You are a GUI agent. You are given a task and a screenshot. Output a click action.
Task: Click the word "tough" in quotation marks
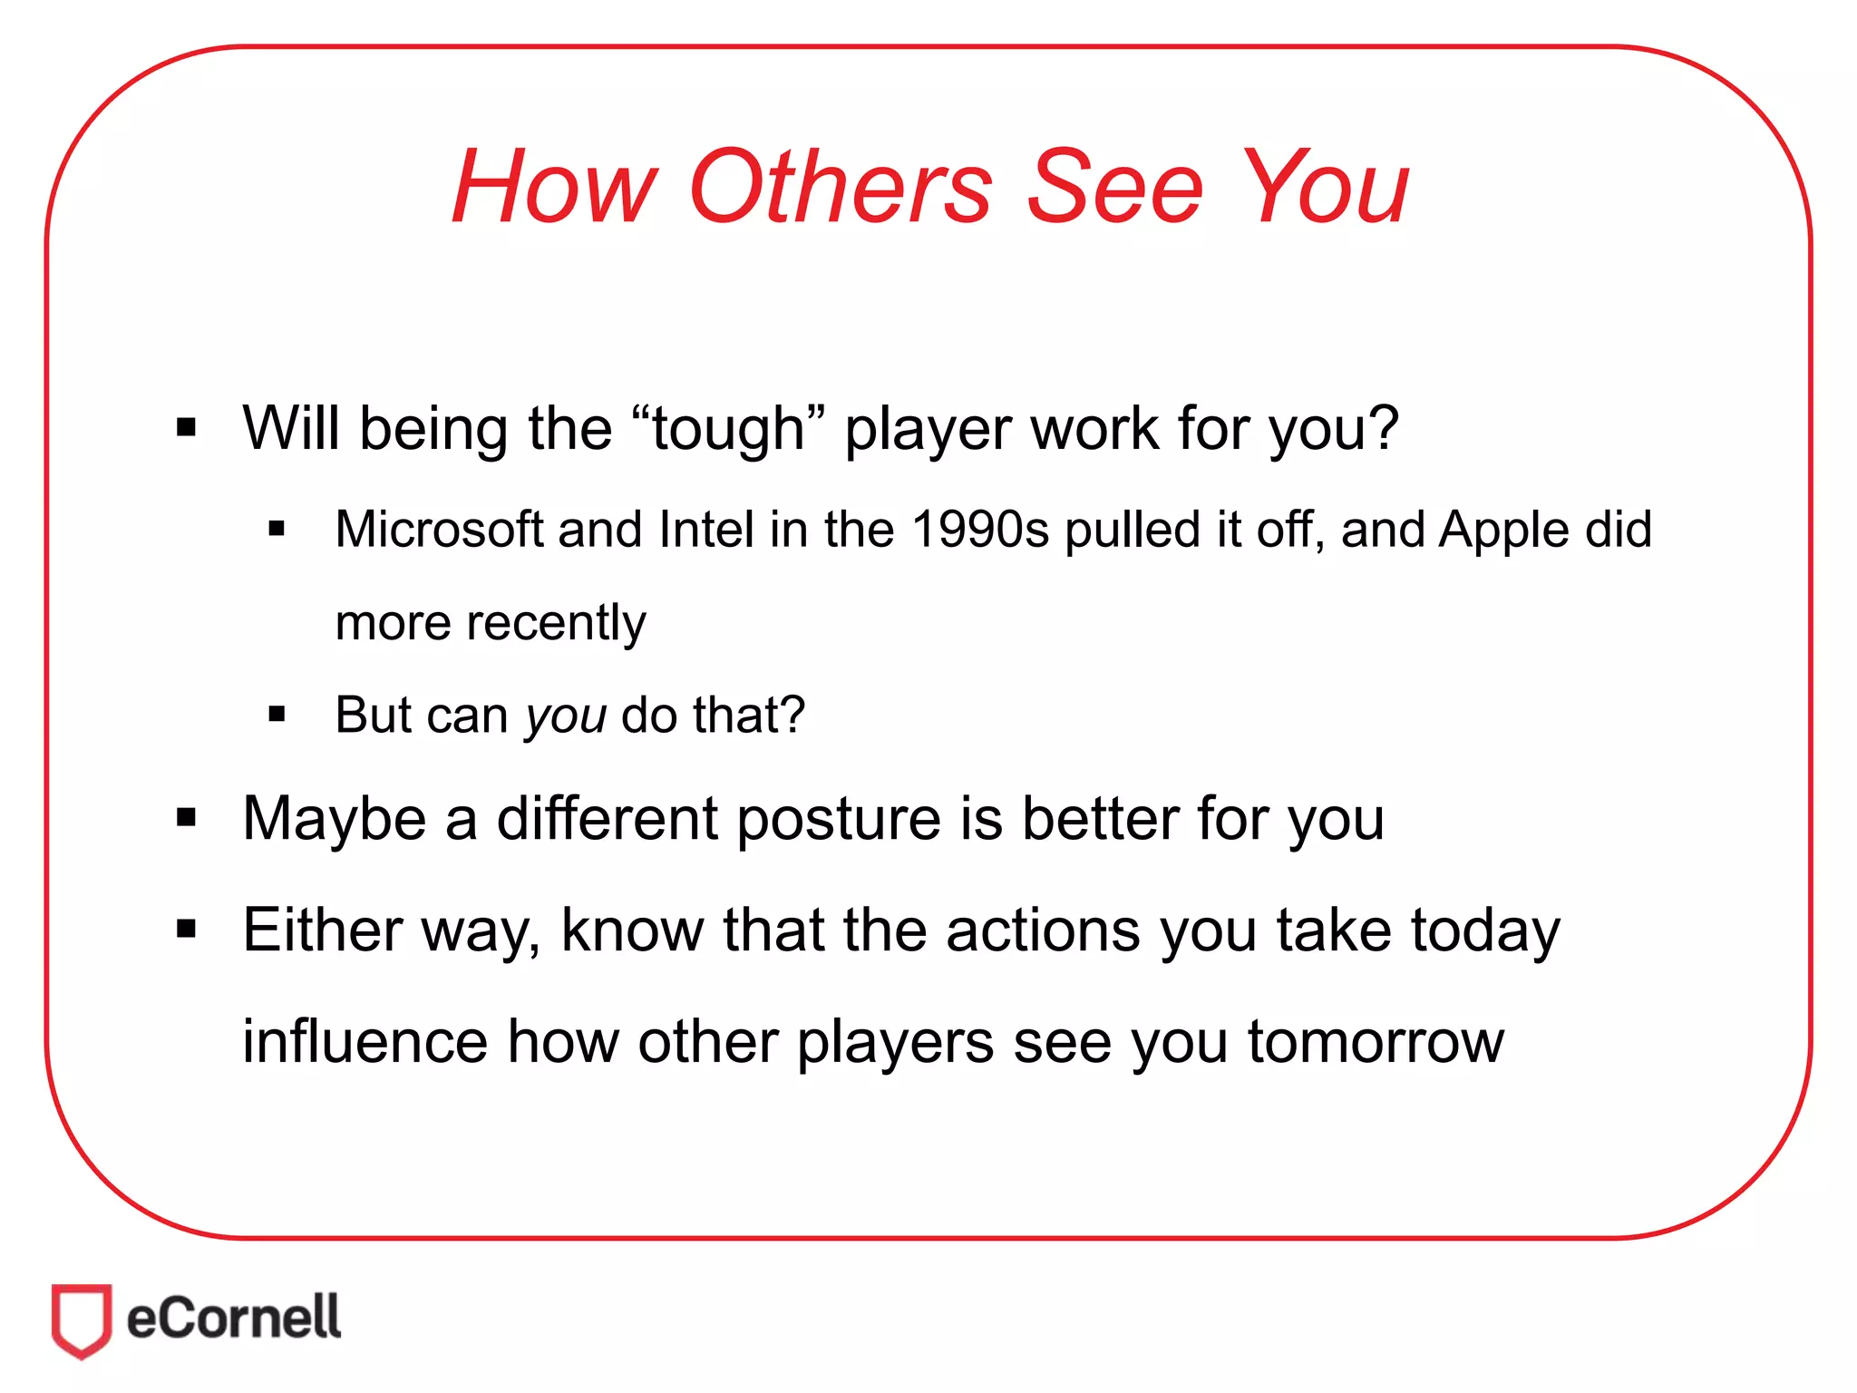pos(727,428)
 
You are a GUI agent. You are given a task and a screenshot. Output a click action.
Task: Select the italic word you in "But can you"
pos(566,716)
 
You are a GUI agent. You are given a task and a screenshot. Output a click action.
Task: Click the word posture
pos(838,819)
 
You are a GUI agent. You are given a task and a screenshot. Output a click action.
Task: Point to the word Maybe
pos(335,819)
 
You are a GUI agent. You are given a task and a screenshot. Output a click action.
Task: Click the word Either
pos(322,930)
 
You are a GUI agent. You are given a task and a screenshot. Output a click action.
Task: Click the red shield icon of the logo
pos(82,1320)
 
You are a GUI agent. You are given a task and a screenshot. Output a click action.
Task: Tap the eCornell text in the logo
pos(234,1318)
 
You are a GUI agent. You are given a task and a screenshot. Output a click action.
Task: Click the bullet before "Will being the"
pos(187,428)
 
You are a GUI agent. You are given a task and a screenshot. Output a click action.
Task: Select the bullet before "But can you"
pos(277,716)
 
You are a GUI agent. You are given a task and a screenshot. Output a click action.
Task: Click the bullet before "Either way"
pos(187,930)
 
